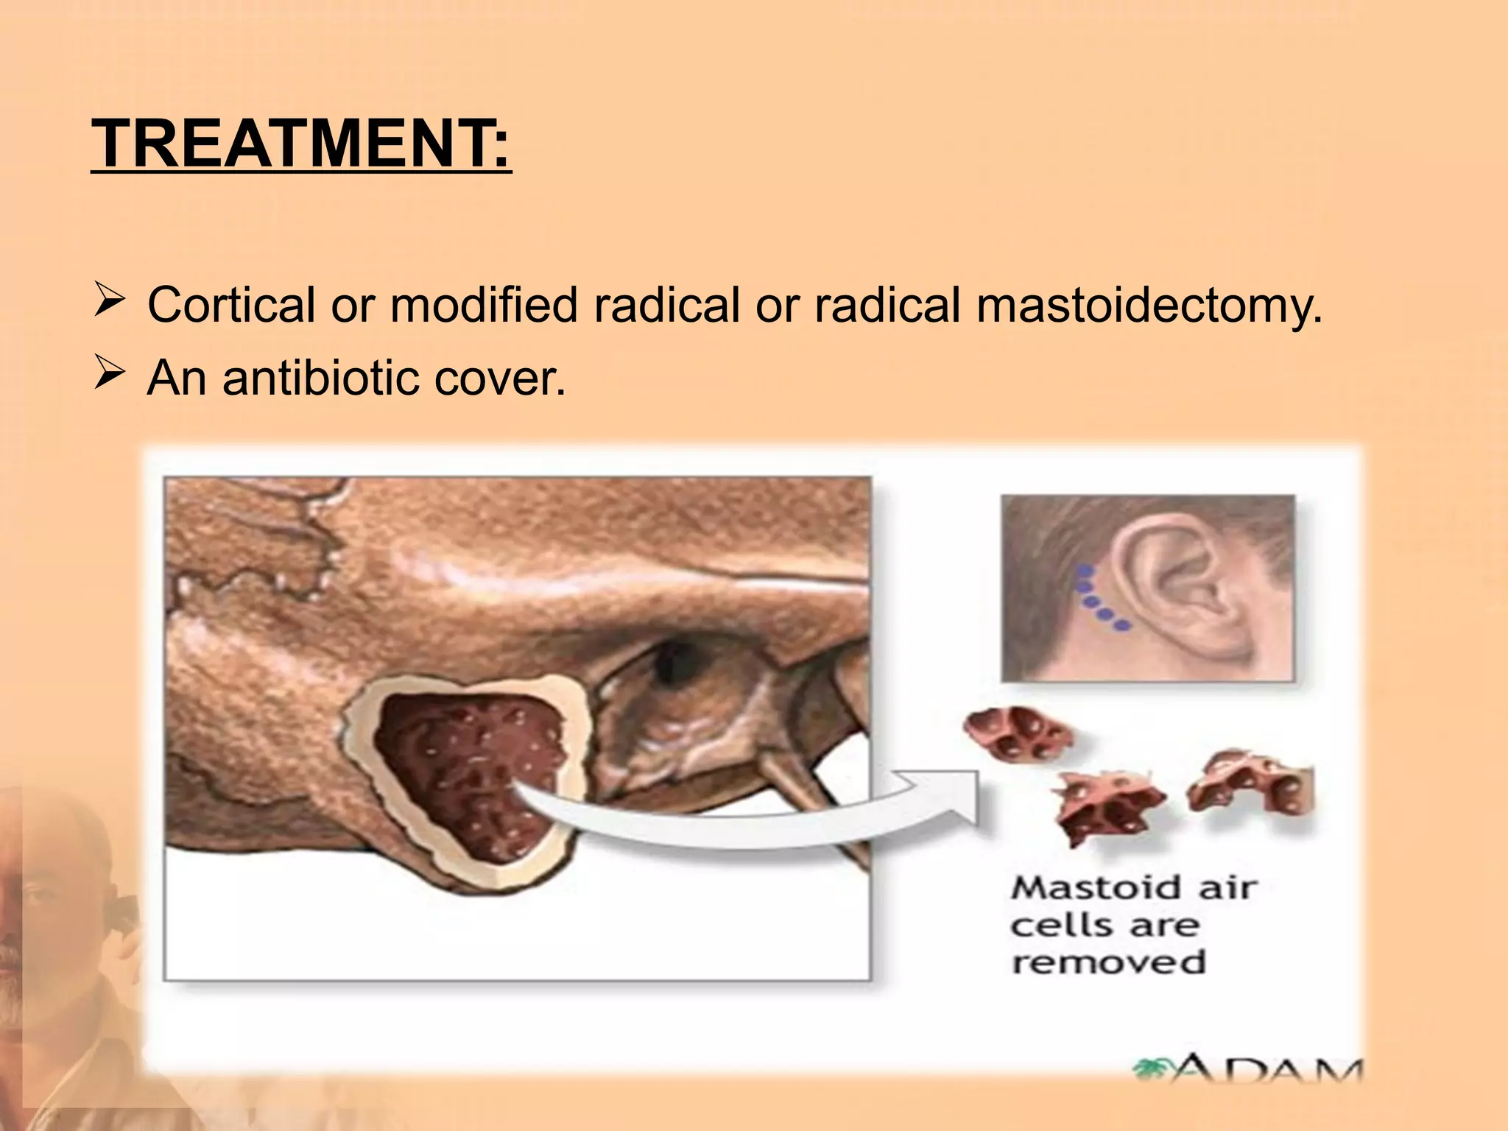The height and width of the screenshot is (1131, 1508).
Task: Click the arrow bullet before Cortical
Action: click(110, 303)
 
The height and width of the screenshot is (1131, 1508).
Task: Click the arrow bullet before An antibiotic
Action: click(110, 376)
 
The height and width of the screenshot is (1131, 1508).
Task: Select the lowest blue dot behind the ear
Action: click(1122, 627)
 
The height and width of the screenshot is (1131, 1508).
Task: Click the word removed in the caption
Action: click(1108, 962)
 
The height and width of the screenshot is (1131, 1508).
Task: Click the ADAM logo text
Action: click(1252, 1072)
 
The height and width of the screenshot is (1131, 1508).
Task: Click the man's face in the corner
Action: click(44, 920)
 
